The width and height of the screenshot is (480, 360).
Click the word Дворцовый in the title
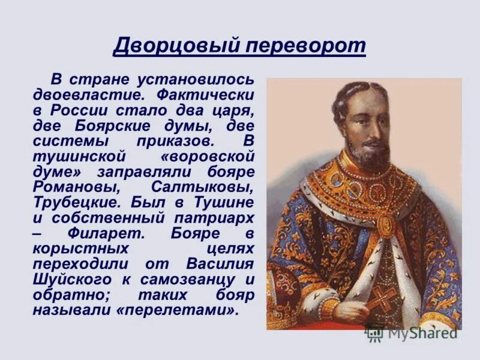tap(168, 45)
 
